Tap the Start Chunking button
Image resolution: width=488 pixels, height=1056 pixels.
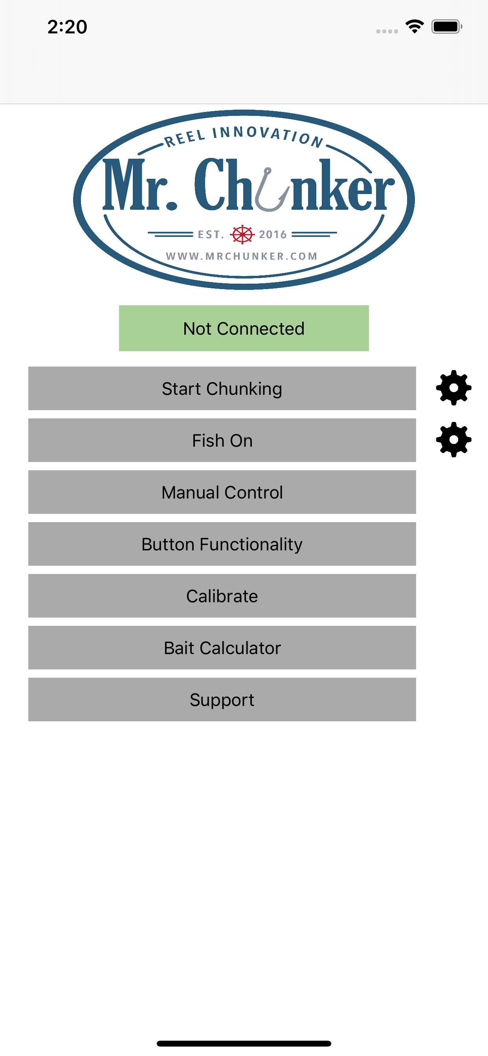[222, 388]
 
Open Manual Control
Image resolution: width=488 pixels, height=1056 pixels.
[222, 492]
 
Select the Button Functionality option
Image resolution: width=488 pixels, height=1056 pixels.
[222, 544]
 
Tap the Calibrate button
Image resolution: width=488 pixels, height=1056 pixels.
[222, 596]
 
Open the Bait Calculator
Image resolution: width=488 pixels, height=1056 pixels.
[222, 648]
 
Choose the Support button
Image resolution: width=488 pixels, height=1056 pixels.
[222, 699]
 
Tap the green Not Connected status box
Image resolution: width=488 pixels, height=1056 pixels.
[244, 328]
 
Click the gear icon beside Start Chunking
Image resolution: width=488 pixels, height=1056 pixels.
[453, 388]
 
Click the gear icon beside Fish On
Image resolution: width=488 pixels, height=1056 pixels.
[453, 440]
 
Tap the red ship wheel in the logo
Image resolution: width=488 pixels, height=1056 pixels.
[242, 235]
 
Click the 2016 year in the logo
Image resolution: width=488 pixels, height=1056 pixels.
[273, 235]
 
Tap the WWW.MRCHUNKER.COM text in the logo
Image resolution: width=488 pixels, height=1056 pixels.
[242, 256]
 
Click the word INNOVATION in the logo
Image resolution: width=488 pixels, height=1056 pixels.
[268, 135]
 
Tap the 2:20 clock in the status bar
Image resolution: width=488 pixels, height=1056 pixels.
[67, 27]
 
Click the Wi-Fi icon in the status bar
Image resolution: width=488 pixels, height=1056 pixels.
[415, 27]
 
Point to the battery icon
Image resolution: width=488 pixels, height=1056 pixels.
[447, 27]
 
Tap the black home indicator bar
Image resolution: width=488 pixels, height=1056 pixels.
[244, 1043]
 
